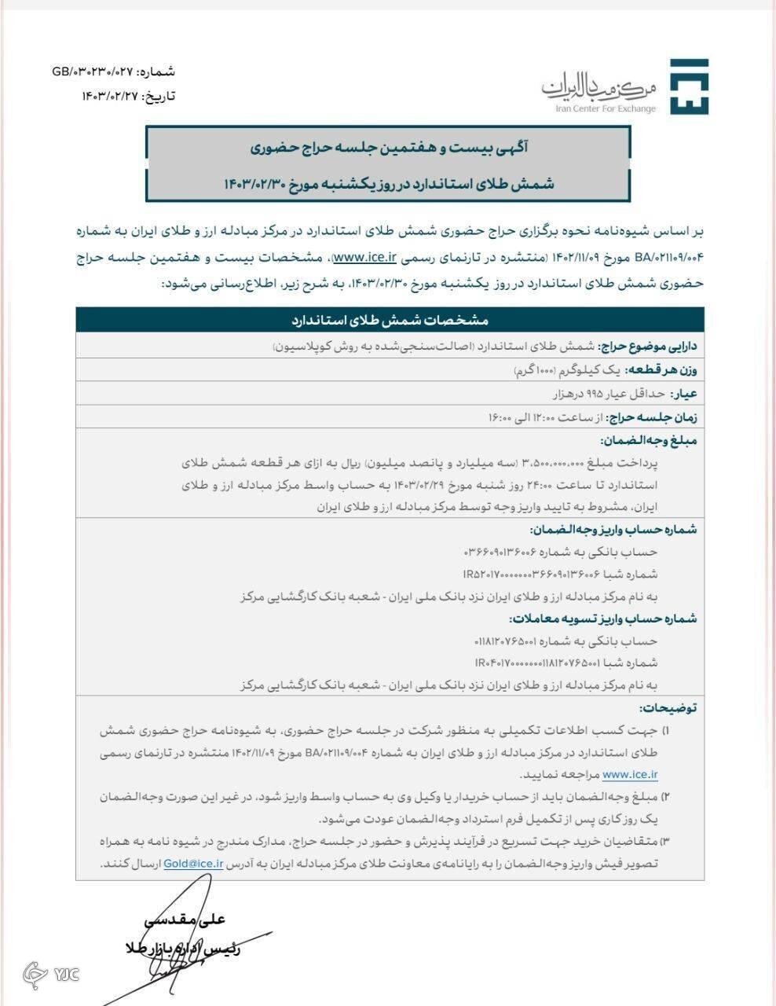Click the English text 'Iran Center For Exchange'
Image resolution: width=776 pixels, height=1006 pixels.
[605, 109]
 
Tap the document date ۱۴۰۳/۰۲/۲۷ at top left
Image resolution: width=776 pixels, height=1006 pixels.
[109, 96]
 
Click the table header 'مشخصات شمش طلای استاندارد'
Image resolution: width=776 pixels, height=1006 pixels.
[390, 321]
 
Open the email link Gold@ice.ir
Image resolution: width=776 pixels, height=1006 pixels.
[194, 863]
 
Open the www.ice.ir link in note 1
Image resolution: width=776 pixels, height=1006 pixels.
[630, 774]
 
